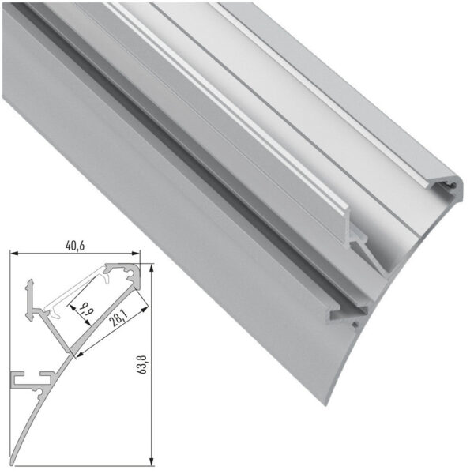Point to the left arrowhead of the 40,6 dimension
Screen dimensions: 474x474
coord(13,254)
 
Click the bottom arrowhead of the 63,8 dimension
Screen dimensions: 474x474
coord(149,460)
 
